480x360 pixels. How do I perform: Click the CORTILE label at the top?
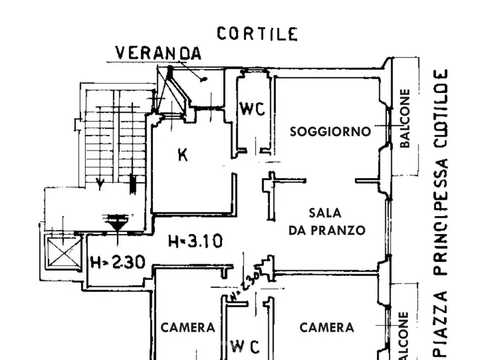click(257, 34)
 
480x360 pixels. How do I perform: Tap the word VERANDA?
click(158, 53)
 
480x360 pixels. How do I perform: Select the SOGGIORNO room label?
click(330, 131)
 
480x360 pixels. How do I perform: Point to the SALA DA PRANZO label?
click(327, 221)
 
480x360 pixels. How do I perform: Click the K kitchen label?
click(183, 155)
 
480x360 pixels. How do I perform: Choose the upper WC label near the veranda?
click(252, 109)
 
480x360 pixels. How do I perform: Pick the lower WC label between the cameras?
click(246, 346)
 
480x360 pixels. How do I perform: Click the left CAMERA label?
click(188, 328)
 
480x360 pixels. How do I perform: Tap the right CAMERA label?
click(326, 328)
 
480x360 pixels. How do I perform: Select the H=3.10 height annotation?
click(196, 242)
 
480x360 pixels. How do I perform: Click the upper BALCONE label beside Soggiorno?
click(406, 119)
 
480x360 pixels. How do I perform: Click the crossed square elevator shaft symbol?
click(63, 252)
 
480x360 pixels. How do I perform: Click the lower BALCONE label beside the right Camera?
click(404, 336)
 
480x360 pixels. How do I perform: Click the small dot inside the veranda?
click(205, 79)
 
